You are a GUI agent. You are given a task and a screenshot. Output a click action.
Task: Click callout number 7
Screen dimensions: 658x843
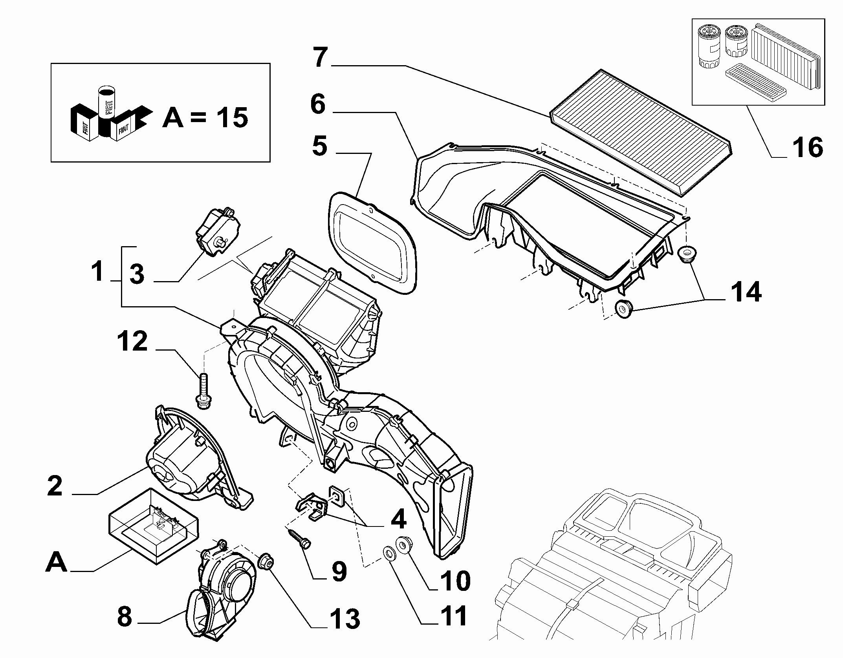[x=320, y=58]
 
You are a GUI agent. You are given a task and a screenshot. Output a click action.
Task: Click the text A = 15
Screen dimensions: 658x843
[x=205, y=117]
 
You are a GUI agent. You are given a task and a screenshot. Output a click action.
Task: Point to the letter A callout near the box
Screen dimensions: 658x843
[x=57, y=562]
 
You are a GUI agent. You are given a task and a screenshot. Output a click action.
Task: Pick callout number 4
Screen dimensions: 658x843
[x=398, y=520]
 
